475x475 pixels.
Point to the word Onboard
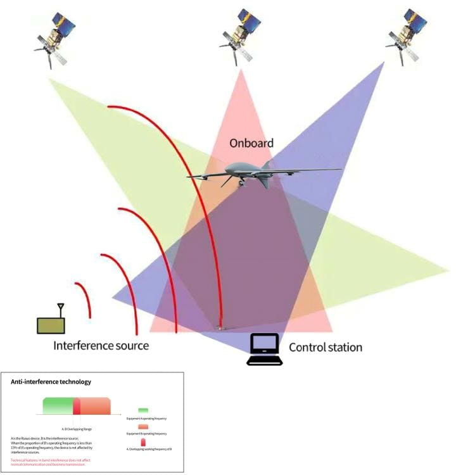(251, 143)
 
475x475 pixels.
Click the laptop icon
(264, 349)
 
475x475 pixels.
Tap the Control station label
(326, 347)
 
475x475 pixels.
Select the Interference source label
(101, 346)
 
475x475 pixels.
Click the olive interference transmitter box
(51, 324)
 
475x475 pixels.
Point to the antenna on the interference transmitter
(61, 309)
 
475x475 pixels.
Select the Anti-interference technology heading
(51, 382)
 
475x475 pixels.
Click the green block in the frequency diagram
(58, 406)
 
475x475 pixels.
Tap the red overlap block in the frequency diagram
(77, 406)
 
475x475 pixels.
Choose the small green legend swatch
(143, 411)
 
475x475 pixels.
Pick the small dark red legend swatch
(143, 441)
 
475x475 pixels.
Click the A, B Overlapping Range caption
(75, 429)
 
